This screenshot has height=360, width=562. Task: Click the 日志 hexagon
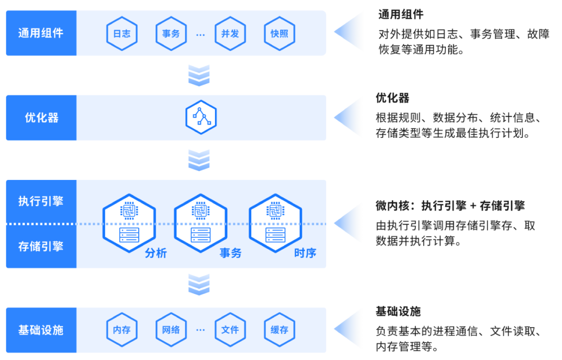pyautogui.click(x=122, y=33)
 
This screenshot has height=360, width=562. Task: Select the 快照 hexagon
pyautogui.click(x=279, y=33)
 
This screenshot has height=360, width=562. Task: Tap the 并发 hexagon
pyautogui.click(x=230, y=33)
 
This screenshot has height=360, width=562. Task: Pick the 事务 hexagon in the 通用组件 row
pyautogui.click(x=171, y=33)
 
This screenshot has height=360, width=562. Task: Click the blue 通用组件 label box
pyautogui.click(x=41, y=33)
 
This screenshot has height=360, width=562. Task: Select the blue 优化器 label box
pyautogui.click(x=41, y=118)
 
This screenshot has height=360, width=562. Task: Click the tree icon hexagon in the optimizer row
pyautogui.click(x=201, y=117)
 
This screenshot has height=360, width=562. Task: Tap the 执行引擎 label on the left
pyautogui.click(x=41, y=201)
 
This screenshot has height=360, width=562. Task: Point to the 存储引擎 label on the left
pyautogui.click(x=41, y=246)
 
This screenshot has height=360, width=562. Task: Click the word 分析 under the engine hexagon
pyautogui.click(x=156, y=253)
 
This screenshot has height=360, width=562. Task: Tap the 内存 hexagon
pyautogui.click(x=122, y=330)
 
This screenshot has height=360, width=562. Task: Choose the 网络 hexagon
pyautogui.click(x=171, y=330)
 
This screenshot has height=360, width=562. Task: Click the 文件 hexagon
pyautogui.click(x=230, y=330)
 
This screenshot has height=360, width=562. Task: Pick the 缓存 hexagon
pyautogui.click(x=279, y=330)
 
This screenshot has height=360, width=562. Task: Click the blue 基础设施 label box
pyautogui.click(x=41, y=330)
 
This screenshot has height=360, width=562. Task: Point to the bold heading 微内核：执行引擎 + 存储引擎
pyautogui.click(x=450, y=206)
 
